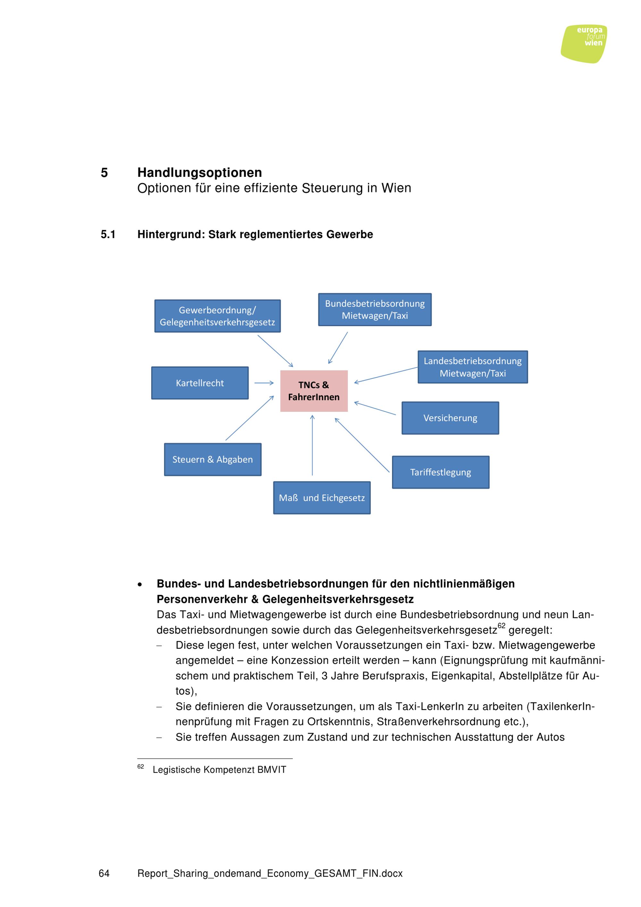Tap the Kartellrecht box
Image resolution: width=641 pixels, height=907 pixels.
coord(200,383)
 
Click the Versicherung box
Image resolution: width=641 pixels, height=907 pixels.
coord(450,418)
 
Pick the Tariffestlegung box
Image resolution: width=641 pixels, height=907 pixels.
coord(440,472)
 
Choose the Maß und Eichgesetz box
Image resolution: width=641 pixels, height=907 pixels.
coord(321,498)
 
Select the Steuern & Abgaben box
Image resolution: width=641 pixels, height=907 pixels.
coord(212,459)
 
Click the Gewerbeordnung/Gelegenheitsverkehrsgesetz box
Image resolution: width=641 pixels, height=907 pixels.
coord(217,316)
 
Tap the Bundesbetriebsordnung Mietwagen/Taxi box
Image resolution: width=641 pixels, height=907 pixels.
coord(374,309)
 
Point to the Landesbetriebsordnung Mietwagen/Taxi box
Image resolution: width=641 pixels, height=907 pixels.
coord(472,367)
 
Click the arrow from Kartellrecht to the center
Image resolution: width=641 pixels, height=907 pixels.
coord(264,383)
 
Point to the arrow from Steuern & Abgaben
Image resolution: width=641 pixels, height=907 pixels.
coord(249,418)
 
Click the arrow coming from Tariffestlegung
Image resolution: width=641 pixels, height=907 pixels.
coord(362,445)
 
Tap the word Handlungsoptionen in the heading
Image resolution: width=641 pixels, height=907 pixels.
coord(199,173)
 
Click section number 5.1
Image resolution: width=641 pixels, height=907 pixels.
coord(108,234)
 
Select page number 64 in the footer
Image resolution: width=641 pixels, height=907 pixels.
coord(104,873)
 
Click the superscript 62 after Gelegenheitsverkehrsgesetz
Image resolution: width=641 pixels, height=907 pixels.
coord(501,625)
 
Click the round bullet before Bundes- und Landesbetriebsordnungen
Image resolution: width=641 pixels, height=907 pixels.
coord(140,585)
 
